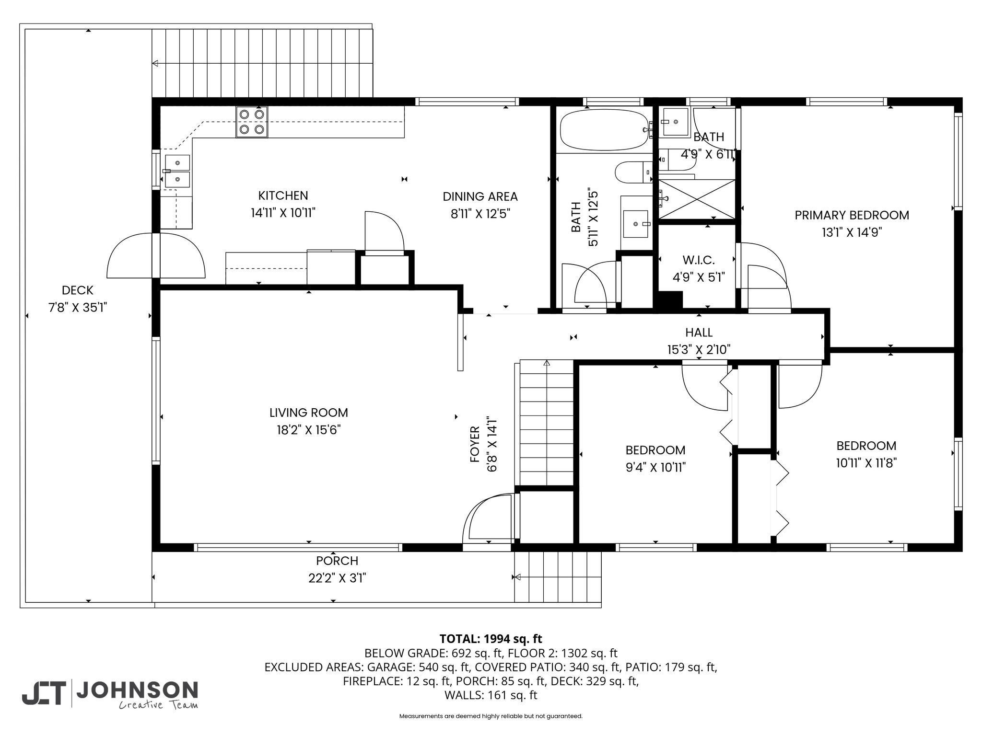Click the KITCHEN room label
point(283,195)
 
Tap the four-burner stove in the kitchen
point(252,122)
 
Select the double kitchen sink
point(177,171)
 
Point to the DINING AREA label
point(480,196)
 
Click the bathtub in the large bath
point(606,130)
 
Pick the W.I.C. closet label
point(699,260)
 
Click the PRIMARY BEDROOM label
point(852,215)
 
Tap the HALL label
point(699,332)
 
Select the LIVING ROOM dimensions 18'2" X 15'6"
point(309,430)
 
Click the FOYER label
point(475,444)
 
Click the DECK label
point(78,290)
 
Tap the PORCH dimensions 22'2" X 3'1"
point(337,578)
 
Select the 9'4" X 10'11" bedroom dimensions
point(655,467)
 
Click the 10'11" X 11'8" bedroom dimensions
point(866,463)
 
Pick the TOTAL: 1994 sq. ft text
point(491,639)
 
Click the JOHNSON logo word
point(137,690)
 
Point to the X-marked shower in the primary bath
point(697,199)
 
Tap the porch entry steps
point(558,577)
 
